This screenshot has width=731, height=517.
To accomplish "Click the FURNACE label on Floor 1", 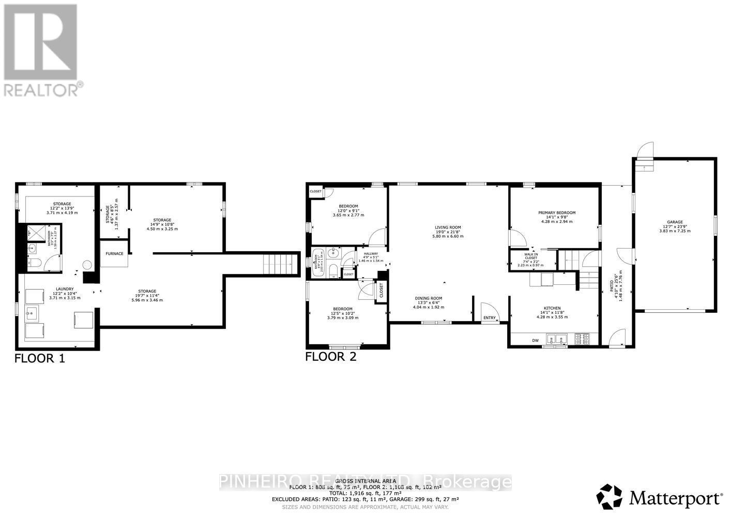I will click(114, 254).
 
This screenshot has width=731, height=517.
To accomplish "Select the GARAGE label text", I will click(675, 222).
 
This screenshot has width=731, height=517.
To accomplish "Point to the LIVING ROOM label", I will click(448, 227).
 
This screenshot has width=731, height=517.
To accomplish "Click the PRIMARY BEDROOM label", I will click(557, 212).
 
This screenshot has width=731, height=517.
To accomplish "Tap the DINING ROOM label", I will click(429, 298).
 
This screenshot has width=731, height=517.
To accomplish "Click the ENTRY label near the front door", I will click(489, 318).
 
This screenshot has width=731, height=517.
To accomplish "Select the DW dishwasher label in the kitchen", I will click(535, 340).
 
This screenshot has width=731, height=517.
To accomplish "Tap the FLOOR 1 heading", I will click(39, 358).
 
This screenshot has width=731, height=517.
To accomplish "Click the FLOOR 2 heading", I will click(331, 356).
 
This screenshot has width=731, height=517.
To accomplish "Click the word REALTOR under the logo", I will click(41, 89).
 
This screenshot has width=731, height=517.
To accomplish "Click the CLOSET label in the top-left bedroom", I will click(315, 191).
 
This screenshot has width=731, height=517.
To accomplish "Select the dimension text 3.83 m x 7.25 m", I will click(675, 231).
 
